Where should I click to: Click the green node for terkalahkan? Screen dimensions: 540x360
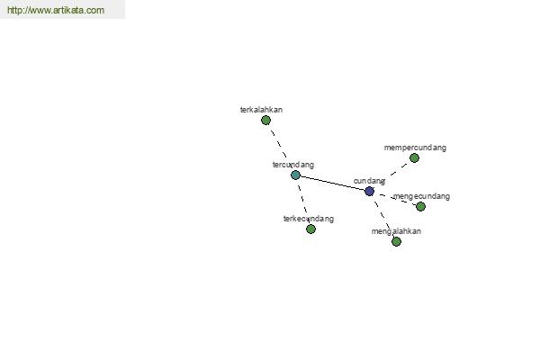[x=265, y=121]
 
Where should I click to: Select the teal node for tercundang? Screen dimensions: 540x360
[x=295, y=175]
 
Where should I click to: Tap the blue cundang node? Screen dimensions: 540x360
[x=370, y=191]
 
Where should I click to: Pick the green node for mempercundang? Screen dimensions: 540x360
[x=414, y=158]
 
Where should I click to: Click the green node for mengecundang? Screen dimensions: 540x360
[x=421, y=207]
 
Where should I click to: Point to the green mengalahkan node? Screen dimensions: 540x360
[x=396, y=242]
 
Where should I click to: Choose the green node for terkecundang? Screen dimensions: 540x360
[x=311, y=229]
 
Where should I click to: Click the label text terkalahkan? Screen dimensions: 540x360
[x=261, y=110]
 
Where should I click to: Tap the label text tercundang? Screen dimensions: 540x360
[x=293, y=165]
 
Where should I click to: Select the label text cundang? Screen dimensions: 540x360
[x=369, y=181]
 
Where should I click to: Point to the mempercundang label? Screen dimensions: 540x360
[x=415, y=148]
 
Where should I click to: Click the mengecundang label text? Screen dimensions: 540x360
[x=421, y=196]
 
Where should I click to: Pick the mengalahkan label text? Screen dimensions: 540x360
[x=396, y=231]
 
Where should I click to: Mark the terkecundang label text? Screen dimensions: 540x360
[x=309, y=219]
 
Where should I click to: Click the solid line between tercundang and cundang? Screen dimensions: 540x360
[x=332, y=183]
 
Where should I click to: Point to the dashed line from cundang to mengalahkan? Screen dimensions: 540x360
[x=382, y=215]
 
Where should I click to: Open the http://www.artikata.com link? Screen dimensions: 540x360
[x=56, y=10]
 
